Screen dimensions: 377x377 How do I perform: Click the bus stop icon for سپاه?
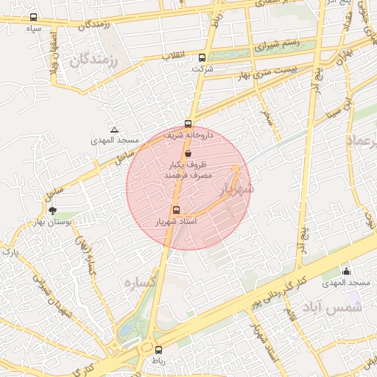click(x=33, y=17)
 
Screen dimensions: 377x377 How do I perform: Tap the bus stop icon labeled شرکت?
click(x=202, y=57)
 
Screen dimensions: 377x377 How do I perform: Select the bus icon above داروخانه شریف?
click(x=188, y=124)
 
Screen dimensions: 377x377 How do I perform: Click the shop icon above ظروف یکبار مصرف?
click(x=189, y=153)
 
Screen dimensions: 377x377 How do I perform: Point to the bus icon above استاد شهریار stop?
click(x=175, y=210)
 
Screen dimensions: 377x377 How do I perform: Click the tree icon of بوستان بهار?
click(x=52, y=211)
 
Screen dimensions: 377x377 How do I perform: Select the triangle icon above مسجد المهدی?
click(x=114, y=130)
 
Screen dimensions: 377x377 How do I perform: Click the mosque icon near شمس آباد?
click(x=347, y=272)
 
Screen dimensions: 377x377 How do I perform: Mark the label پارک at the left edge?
click(x=9, y=252)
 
